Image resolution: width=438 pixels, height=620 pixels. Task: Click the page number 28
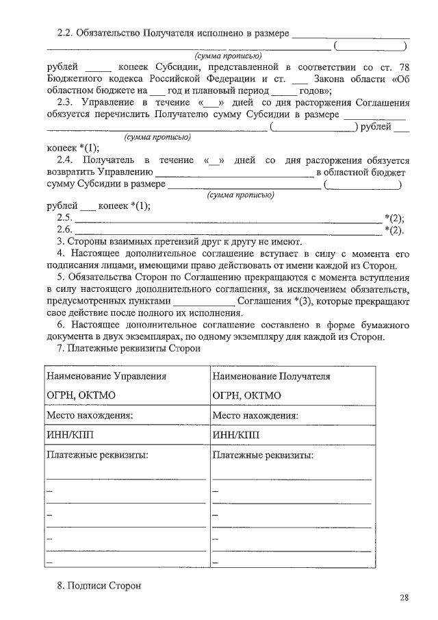[404, 598]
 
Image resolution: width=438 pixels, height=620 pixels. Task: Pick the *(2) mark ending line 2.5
[394, 219]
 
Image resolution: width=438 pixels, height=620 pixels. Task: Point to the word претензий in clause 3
[177, 241]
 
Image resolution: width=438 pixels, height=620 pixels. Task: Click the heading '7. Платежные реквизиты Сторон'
[129, 349]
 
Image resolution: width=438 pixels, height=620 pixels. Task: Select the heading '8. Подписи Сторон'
[99, 586]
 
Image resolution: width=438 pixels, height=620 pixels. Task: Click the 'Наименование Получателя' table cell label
[271, 377]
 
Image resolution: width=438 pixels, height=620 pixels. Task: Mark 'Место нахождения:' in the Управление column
[89, 415]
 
